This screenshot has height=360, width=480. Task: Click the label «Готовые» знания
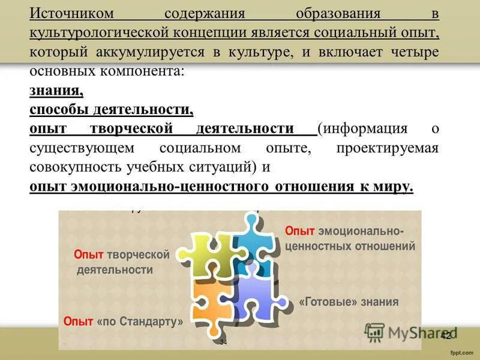[x=349, y=302]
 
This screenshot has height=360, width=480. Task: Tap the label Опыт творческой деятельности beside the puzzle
[x=122, y=262]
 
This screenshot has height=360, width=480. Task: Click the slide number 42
[x=445, y=336]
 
